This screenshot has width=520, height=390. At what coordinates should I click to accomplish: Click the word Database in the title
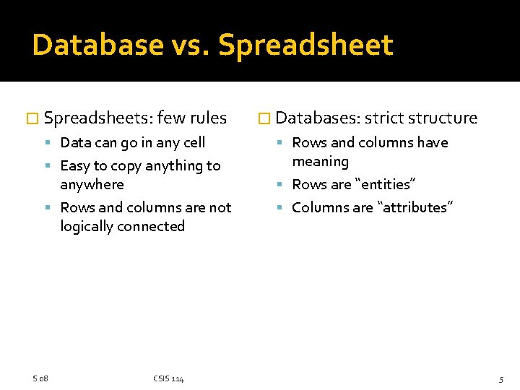point(98,45)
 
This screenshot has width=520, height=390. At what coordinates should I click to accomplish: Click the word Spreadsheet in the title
point(305,45)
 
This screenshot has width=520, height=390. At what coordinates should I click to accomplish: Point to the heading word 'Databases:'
point(318,118)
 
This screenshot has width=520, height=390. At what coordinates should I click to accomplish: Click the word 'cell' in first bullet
point(191,142)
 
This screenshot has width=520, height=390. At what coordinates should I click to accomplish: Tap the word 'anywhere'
point(92,184)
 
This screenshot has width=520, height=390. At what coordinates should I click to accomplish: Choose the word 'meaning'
point(320,161)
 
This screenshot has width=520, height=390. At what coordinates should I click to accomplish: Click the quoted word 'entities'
point(383,184)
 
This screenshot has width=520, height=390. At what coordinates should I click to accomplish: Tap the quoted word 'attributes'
point(415,207)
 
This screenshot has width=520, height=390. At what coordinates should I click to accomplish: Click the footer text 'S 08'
point(40,378)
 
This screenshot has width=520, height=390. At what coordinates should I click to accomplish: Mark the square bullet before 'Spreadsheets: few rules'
point(30,118)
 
